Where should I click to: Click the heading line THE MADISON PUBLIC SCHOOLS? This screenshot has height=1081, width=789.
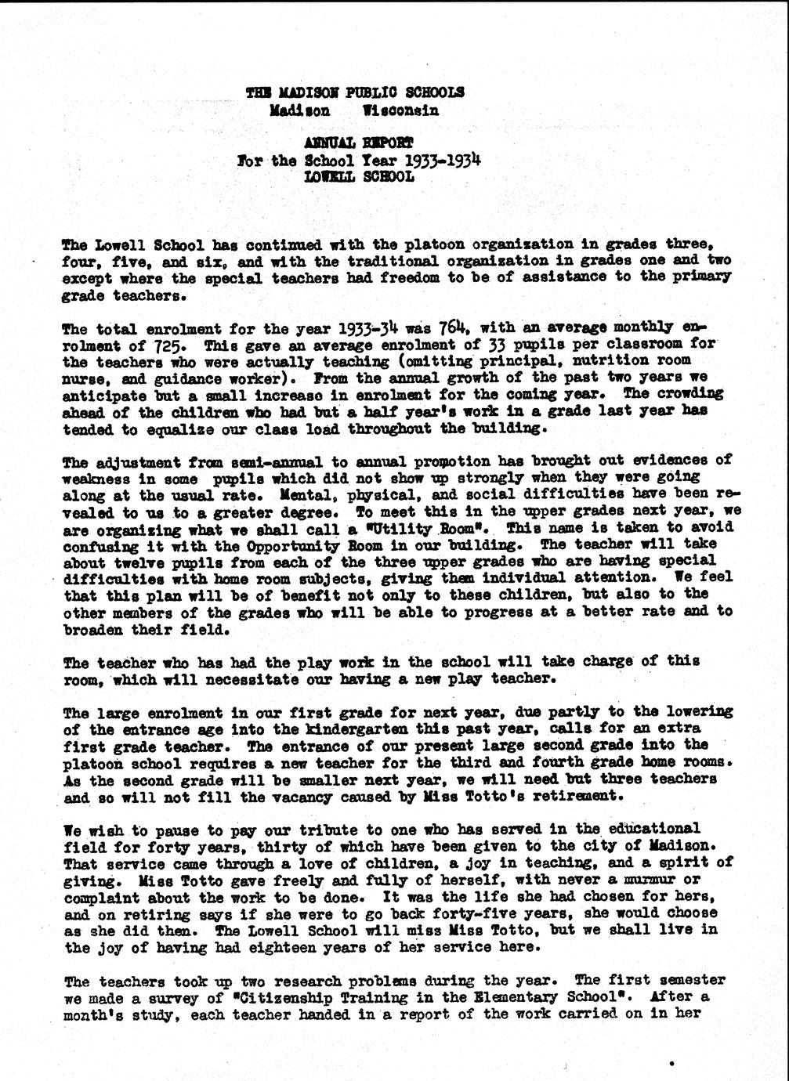click(354, 92)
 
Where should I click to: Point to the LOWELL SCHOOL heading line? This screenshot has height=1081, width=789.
click(360, 177)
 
